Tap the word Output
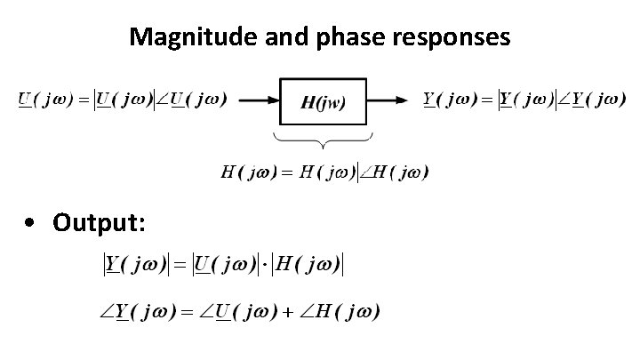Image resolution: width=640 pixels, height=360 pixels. [x=99, y=221]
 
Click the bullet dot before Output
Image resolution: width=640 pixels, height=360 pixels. [x=32, y=222]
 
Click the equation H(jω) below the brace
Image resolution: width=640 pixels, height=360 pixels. [x=324, y=172]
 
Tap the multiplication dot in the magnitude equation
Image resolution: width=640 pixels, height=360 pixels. [x=262, y=264]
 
